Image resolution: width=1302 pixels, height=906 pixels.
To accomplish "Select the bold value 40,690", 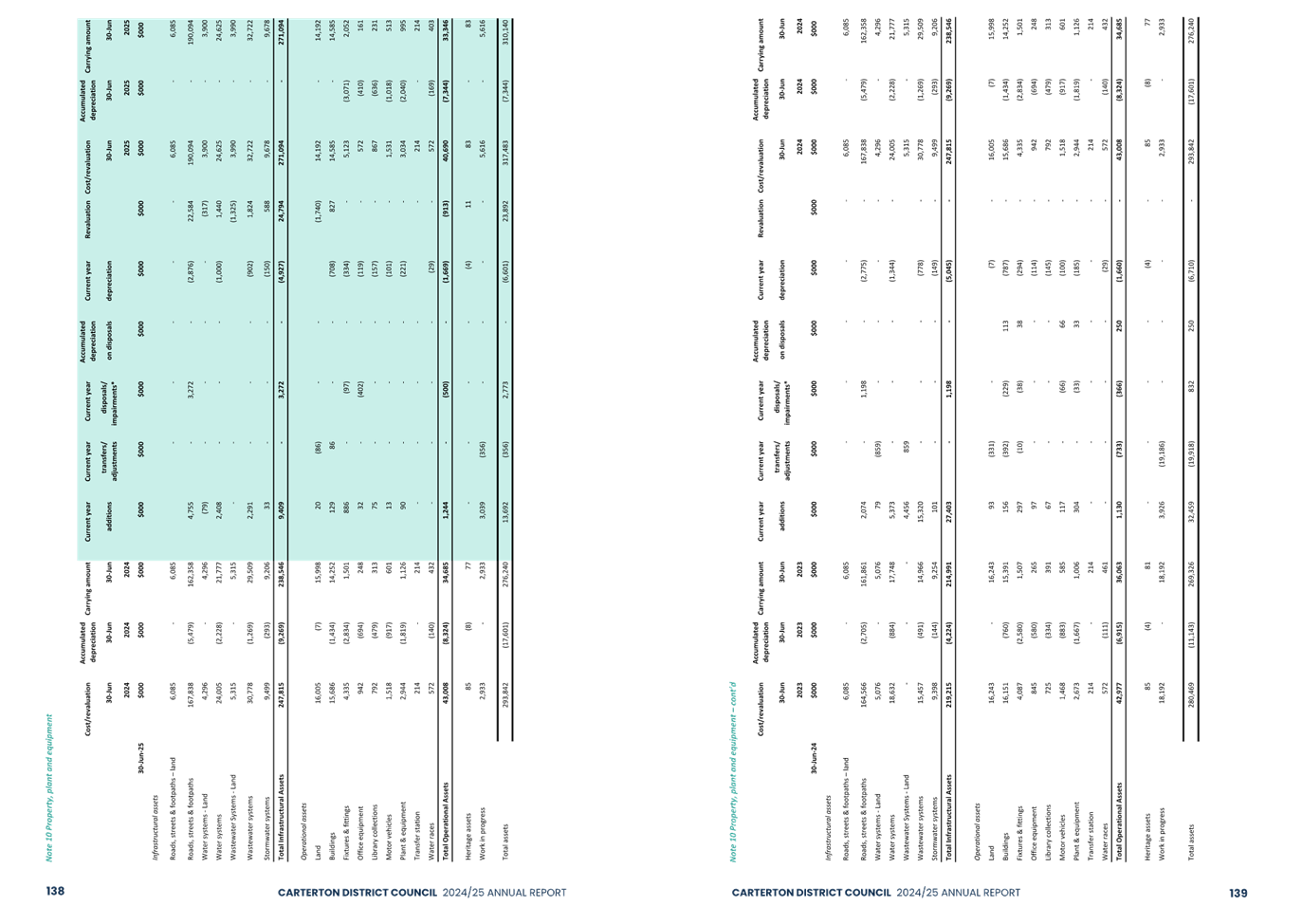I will [x=445, y=144].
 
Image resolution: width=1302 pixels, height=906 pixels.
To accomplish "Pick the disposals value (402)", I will [x=360, y=388].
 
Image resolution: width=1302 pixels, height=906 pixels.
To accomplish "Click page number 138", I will [x=54, y=892].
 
